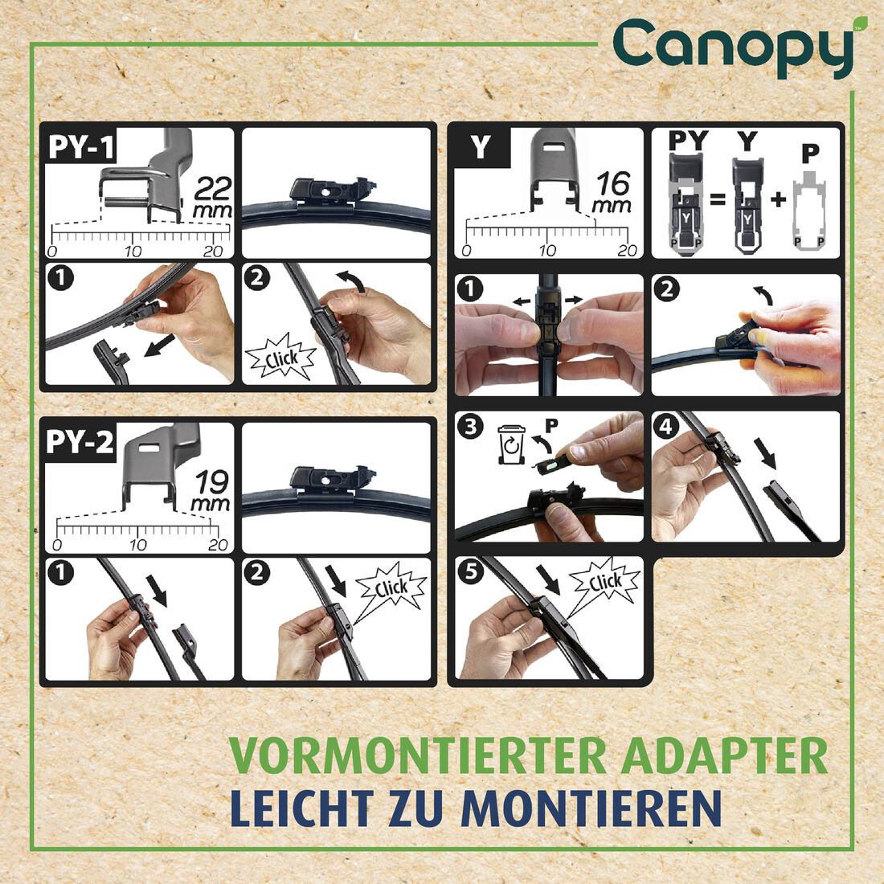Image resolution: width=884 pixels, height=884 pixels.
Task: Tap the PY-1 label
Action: click(x=81, y=147)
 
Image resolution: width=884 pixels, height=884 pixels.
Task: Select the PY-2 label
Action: click(x=81, y=442)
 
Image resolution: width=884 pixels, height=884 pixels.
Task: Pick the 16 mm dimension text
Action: click(x=612, y=193)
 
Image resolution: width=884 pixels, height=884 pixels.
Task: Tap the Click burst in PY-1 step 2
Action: click(x=280, y=359)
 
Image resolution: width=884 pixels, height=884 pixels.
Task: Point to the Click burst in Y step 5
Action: click(x=604, y=582)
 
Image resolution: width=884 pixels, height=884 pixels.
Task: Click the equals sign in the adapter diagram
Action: click(x=718, y=198)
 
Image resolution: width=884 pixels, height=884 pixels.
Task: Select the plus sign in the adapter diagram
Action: click(x=777, y=198)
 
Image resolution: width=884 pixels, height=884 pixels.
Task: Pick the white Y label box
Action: click(x=480, y=148)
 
